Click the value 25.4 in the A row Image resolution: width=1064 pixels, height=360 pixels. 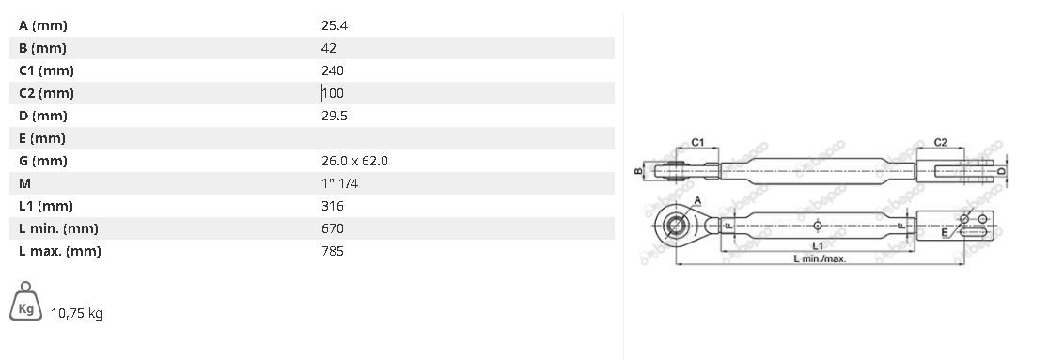[x=335, y=25]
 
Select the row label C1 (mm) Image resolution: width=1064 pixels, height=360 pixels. [x=46, y=70]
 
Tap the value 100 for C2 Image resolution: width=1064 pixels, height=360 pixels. [x=333, y=93]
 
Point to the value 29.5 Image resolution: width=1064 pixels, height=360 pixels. [x=335, y=116]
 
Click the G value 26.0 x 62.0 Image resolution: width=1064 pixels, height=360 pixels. [x=355, y=162]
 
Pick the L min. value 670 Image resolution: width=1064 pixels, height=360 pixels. [x=333, y=228]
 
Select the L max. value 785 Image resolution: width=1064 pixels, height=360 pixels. [x=333, y=251]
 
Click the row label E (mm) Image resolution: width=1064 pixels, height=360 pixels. [x=42, y=138]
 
